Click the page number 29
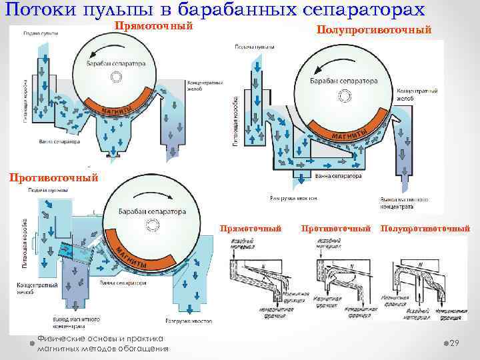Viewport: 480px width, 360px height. point(455,343)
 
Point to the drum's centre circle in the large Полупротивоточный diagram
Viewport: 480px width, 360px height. point(344,97)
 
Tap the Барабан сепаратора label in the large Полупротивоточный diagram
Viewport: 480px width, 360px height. point(343,81)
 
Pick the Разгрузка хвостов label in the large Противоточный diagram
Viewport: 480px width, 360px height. point(190,321)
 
